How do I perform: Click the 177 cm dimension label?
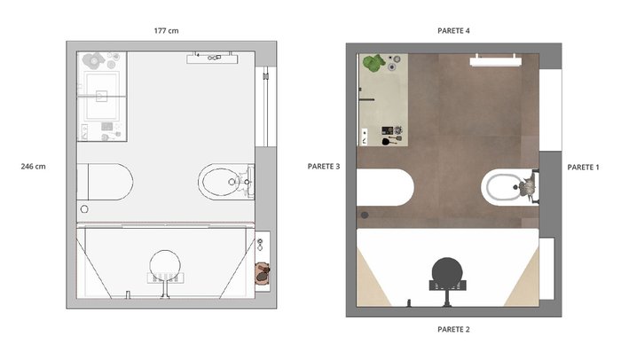pos(167,30)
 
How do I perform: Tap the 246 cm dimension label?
pos(34,167)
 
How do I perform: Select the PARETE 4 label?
pos(453,30)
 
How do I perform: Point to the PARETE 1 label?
pos(583,167)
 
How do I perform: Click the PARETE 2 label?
pos(453,329)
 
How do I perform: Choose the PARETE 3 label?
pos(324,167)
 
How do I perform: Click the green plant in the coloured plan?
pos(373,63)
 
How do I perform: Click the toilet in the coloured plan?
pos(385,187)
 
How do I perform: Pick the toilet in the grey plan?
pos(106,182)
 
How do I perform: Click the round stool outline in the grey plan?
pos(165,266)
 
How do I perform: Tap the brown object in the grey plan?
pos(263,272)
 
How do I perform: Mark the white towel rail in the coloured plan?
pos(495,60)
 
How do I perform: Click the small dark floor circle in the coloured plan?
pos(365,215)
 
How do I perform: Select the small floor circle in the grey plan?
pos(84,209)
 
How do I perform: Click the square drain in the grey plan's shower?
pos(101,96)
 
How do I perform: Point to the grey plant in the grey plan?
pos(94,60)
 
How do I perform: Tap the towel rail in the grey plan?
pos(213,59)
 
